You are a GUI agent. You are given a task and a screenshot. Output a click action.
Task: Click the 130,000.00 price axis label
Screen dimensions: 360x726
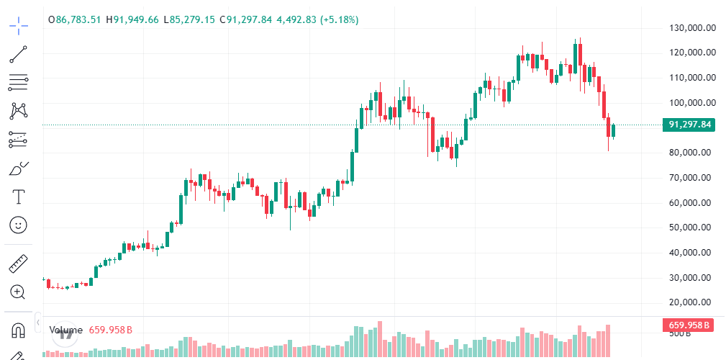[x=689, y=28]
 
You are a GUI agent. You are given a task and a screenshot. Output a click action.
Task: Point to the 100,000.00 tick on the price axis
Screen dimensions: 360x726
[x=689, y=103]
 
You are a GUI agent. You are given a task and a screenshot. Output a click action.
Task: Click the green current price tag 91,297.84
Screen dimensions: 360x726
[x=689, y=125]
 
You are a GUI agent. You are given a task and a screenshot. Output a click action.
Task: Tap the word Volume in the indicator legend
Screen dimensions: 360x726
[x=66, y=330]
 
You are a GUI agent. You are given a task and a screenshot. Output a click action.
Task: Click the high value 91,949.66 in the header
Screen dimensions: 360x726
[x=137, y=19]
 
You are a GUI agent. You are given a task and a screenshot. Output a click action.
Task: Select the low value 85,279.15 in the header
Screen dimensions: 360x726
[x=193, y=19]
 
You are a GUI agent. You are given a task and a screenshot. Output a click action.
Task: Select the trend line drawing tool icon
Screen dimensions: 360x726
[x=19, y=54]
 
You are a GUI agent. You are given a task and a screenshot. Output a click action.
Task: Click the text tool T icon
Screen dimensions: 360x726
[x=19, y=197]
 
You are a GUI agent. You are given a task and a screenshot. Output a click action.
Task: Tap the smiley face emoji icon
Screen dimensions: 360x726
[x=19, y=225]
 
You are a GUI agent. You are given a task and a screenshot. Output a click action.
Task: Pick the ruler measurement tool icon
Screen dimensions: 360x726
[x=19, y=264]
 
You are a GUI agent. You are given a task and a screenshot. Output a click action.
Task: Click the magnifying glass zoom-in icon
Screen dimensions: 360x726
[x=19, y=292]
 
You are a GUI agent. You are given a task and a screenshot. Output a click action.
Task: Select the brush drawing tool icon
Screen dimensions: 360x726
[x=19, y=168]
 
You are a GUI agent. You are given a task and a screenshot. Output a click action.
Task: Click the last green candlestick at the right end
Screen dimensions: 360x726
[x=613, y=130]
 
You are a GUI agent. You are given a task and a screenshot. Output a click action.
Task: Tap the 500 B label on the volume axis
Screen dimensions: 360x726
[x=681, y=334]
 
